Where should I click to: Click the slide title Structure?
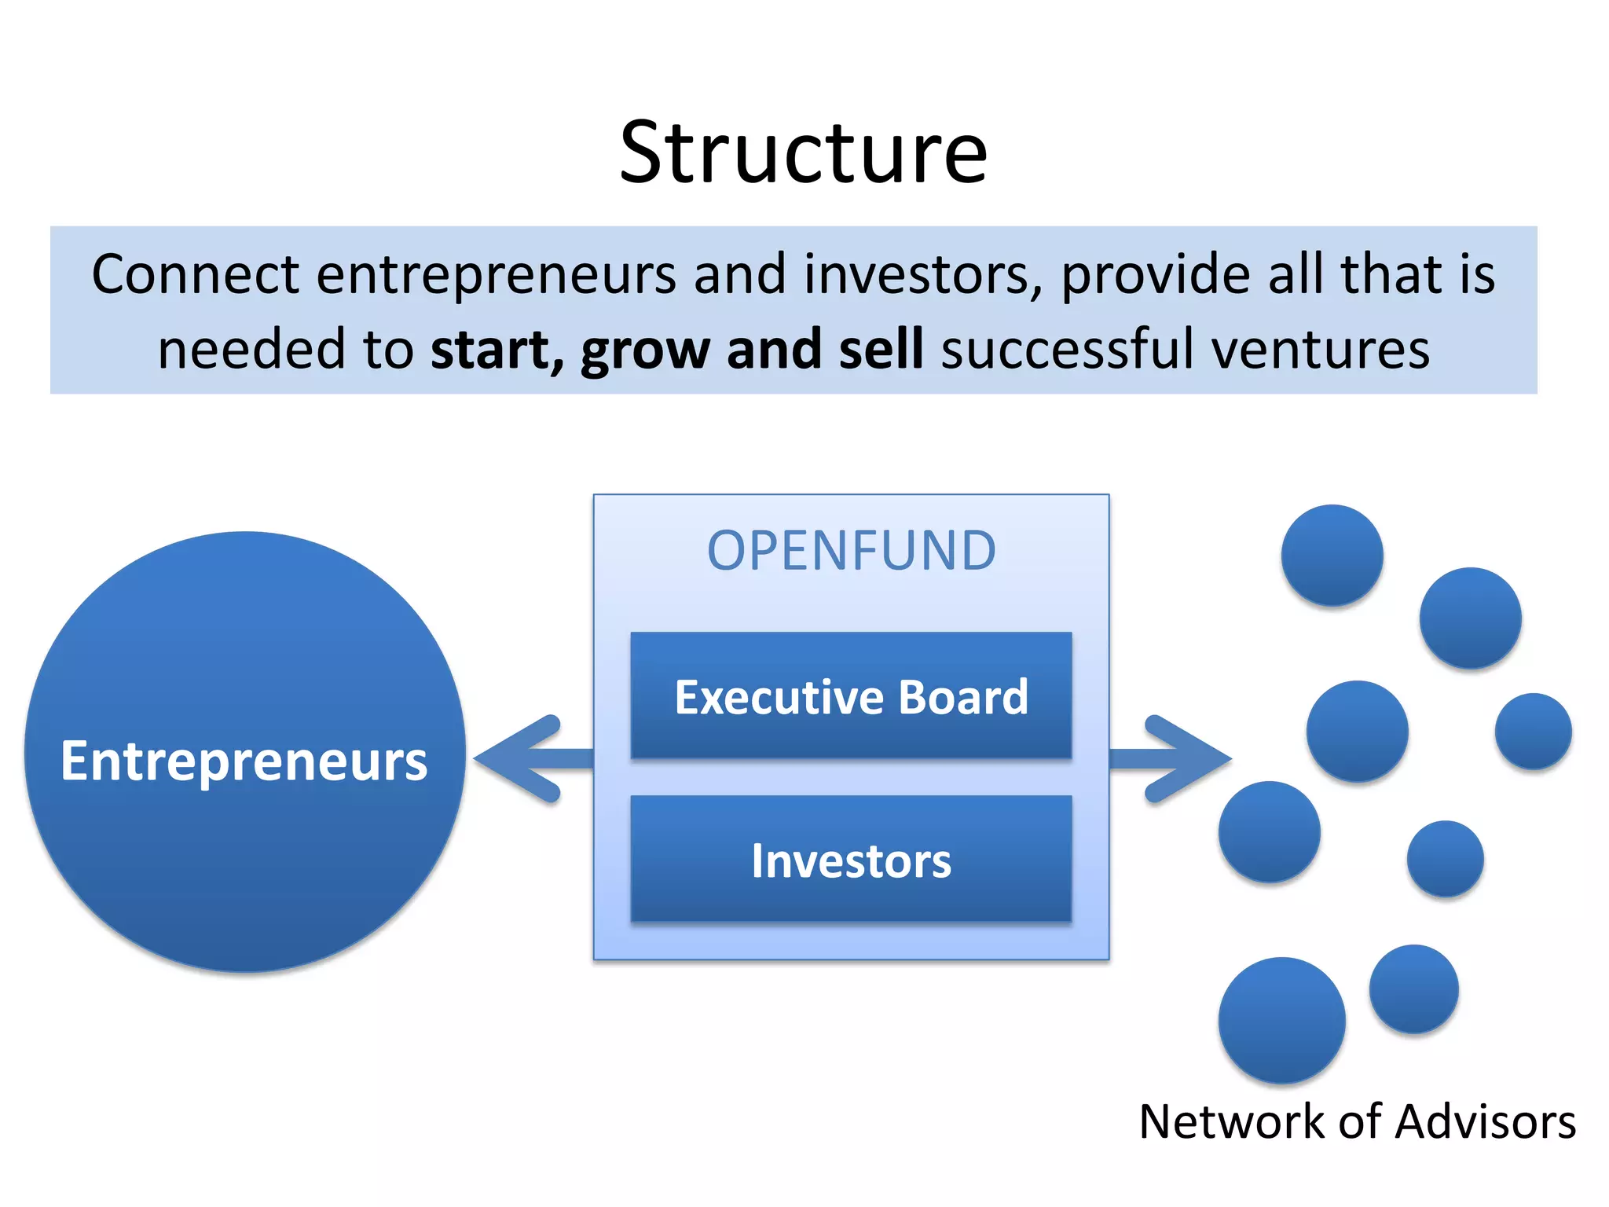tap(803, 153)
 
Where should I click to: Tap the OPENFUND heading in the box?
tap(852, 551)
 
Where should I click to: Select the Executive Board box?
tap(851, 695)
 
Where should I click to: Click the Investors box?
tap(851, 860)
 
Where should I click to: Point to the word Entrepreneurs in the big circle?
tap(244, 761)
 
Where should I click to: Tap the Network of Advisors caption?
tap(1357, 1121)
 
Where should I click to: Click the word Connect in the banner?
tap(195, 274)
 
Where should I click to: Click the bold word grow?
tap(645, 350)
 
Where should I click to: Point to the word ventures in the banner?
tap(1320, 350)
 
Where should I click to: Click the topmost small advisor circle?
tap(1332, 555)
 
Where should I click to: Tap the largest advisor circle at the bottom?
tap(1281, 1020)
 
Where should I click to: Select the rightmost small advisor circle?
tap(1533, 731)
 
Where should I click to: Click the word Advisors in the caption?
tap(1485, 1121)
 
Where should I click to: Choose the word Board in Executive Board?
tap(963, 696)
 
